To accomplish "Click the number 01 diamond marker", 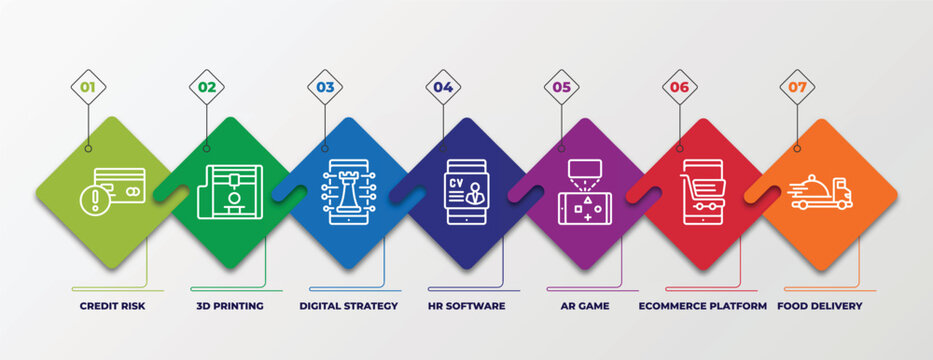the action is [88, 87].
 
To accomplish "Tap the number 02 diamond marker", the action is [206, 87].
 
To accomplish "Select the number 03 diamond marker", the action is [325, 87].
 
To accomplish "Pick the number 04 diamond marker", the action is [443, 87].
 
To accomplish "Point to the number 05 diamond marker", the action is [562, 87].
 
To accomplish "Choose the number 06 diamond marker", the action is [680, 87].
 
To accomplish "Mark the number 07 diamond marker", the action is [797, 87].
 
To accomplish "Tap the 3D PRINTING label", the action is [229, 306].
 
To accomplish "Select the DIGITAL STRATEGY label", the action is [349, 306].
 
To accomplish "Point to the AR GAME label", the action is [586, 306].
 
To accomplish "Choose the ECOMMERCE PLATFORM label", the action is [703, 306].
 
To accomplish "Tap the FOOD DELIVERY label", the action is [819, 306].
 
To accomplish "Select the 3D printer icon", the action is [230, 191].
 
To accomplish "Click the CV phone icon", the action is [465, 191].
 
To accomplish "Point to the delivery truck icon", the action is [820, 191].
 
